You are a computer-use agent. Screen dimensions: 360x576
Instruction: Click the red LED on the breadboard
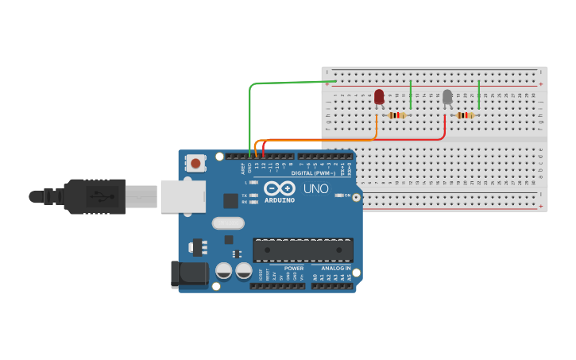[x=379, y=96]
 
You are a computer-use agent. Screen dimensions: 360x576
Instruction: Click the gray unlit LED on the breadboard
[x=447, y=96]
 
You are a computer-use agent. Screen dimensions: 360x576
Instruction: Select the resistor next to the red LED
[x=397, y=115]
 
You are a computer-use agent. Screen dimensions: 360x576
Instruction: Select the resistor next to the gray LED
[x=466, y=115]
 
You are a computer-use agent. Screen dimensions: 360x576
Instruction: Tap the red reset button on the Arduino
[x=195, y=164]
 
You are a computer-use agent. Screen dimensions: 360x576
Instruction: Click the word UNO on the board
[x=315, y=188]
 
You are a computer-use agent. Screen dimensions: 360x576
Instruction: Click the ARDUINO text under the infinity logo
[x=279, y=200]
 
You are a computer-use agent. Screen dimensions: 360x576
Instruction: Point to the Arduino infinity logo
[x=279, y=188]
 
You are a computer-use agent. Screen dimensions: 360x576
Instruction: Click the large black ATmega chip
[x=303, y=250]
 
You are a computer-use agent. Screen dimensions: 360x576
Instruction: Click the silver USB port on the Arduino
[x=183, y=196]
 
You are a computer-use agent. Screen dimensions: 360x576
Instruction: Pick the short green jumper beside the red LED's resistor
[x=410, y=95]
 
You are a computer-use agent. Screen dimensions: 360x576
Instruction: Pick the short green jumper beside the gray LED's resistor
[x=479, y=95]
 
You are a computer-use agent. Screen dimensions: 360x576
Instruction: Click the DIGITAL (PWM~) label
[x=312, y=172]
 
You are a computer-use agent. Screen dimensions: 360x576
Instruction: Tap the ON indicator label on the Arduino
[x=347, y=195]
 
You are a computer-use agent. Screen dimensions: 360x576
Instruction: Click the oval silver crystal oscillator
[x=228, y=223]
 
